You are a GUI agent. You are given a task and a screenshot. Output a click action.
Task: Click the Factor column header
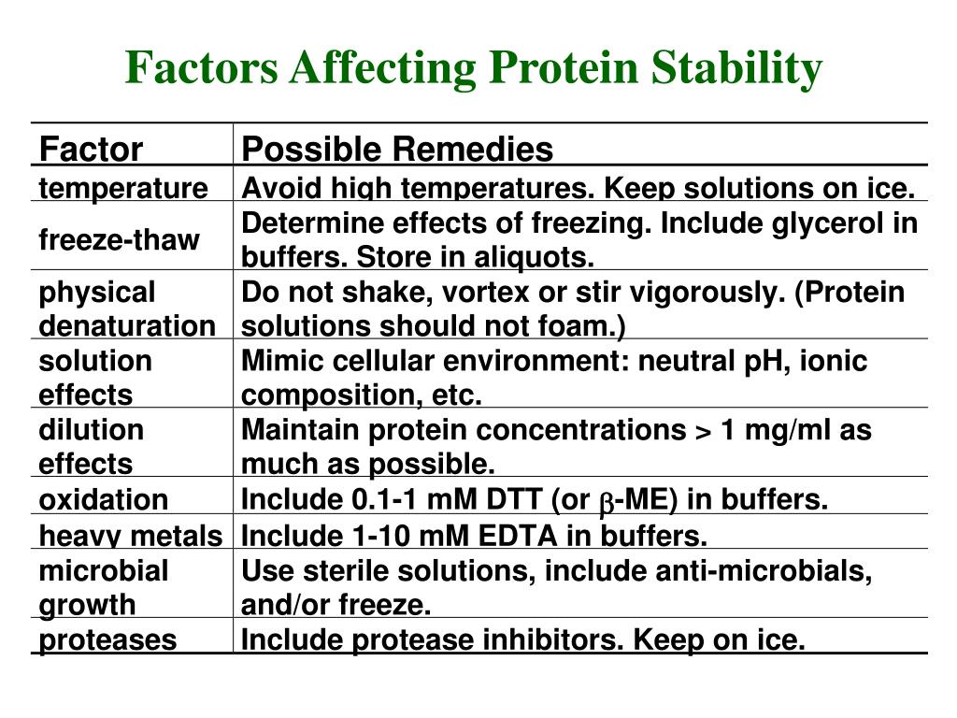pos(90,149)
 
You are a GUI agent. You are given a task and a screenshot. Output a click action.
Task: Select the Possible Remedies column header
pos(397,149)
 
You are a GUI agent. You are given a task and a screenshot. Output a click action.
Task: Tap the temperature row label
pos(122,189)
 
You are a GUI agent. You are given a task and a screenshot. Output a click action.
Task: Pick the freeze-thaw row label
pos(119,240)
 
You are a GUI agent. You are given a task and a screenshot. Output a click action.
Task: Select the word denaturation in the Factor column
pos(126,326)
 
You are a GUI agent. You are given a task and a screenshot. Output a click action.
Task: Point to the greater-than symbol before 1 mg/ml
pos(701,431)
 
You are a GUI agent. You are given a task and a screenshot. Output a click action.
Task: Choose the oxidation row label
pos(103,500)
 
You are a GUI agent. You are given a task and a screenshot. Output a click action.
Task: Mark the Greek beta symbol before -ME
pos(604,502)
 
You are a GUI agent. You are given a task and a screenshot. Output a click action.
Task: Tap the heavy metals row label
pos(130,536)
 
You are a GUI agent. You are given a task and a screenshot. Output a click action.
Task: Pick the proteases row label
pos(107,640)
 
